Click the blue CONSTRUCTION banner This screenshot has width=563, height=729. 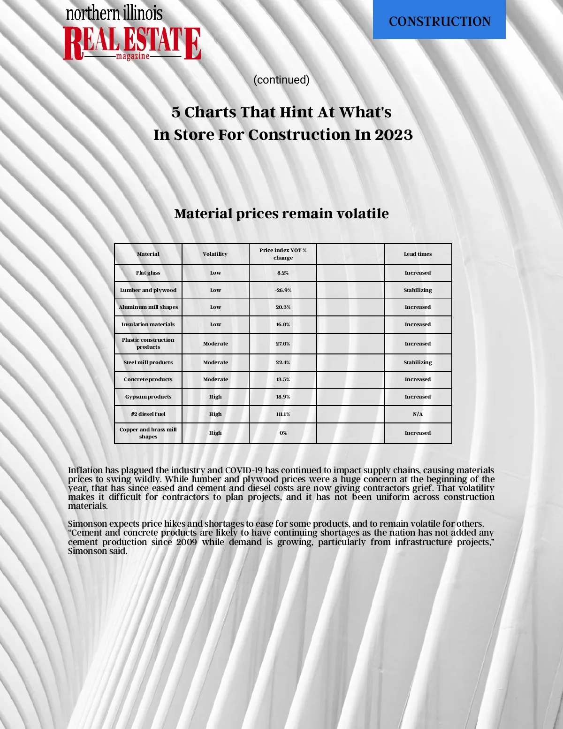coord(439,21)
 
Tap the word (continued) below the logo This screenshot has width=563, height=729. coord(281,80)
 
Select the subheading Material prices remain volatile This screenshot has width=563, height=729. coord(281,214)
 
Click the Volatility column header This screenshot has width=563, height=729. coord(215,254)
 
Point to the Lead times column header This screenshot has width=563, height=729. coord(418,254)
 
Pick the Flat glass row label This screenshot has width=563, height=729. coord(148,273)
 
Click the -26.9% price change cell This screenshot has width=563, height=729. coord(283,290)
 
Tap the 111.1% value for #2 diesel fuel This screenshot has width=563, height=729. coord(283,414)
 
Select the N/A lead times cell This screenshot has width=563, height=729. coord(418,414)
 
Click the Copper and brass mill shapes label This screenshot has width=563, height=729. coord(148,433)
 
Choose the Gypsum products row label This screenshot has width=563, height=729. coord(148,397)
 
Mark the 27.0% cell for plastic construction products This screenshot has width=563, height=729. coord(283,344)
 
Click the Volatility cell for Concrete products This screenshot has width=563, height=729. coord(215,379)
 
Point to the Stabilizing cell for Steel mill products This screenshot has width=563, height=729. coord(418,362)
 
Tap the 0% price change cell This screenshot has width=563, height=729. coord(283,433)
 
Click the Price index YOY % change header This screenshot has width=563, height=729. coord(283,254)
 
